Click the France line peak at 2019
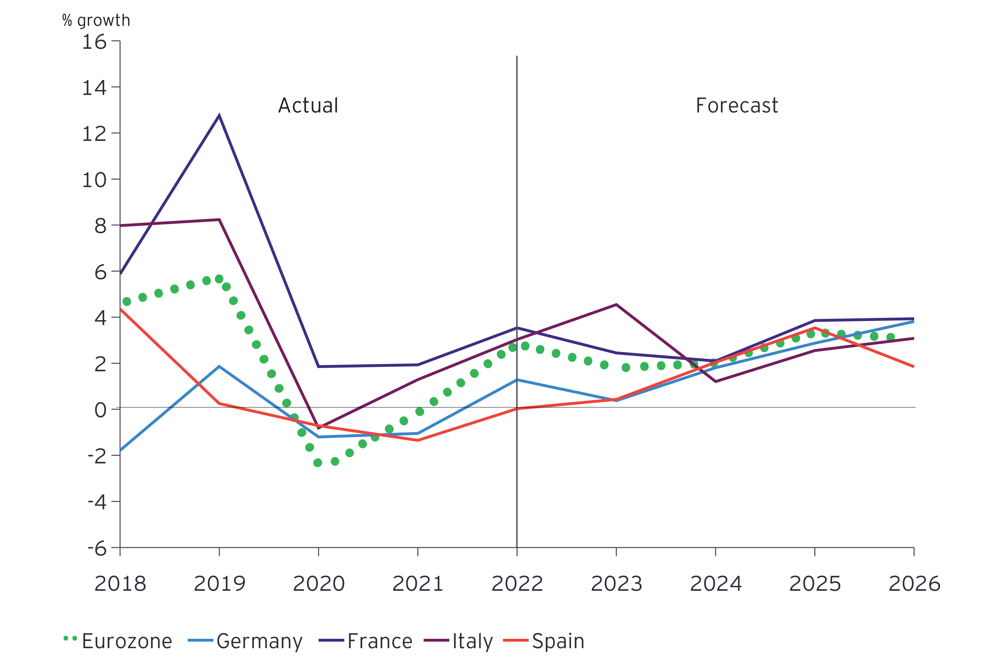219,115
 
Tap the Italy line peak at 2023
616,304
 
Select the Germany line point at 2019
219,366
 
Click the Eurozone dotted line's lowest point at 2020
318,463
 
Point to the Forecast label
737,105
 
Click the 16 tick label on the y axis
94,42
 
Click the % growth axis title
96,20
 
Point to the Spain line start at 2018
121,310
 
